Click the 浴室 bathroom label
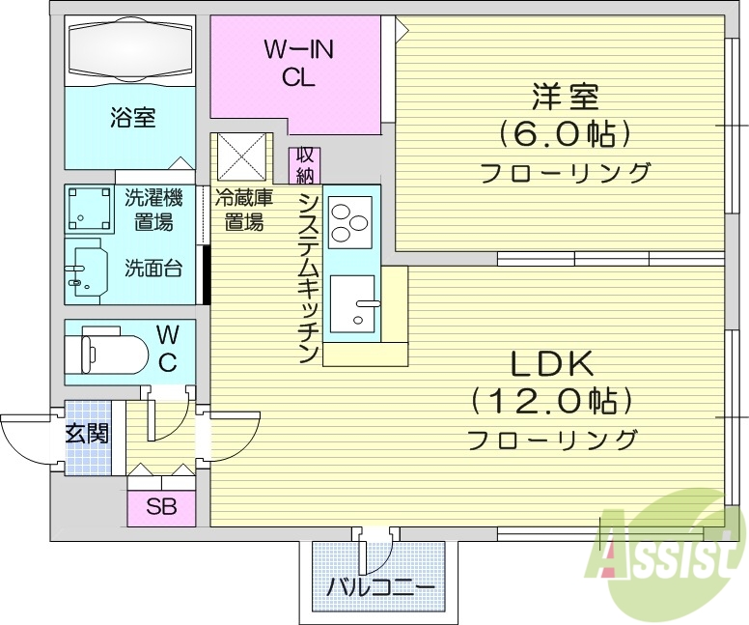[x=133, y=119]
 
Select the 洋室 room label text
[x=565, y=97]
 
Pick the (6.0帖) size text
[x=565, y=133]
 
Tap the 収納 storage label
[x=306, y=164]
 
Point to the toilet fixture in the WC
[x=106, y=349]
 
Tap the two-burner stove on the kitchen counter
[x=348, y=220]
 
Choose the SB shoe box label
[x=161, y=506]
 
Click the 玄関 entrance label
[x=87, y=433]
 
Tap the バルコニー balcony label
[x=381, y=586]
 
